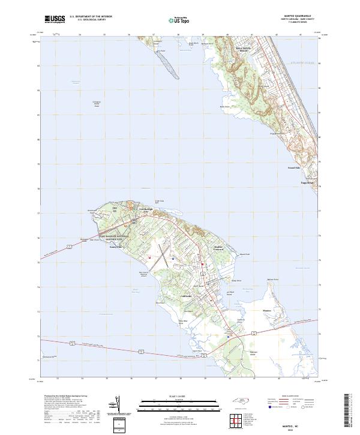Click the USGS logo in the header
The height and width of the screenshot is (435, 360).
55,19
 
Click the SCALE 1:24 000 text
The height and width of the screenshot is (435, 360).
181,397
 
